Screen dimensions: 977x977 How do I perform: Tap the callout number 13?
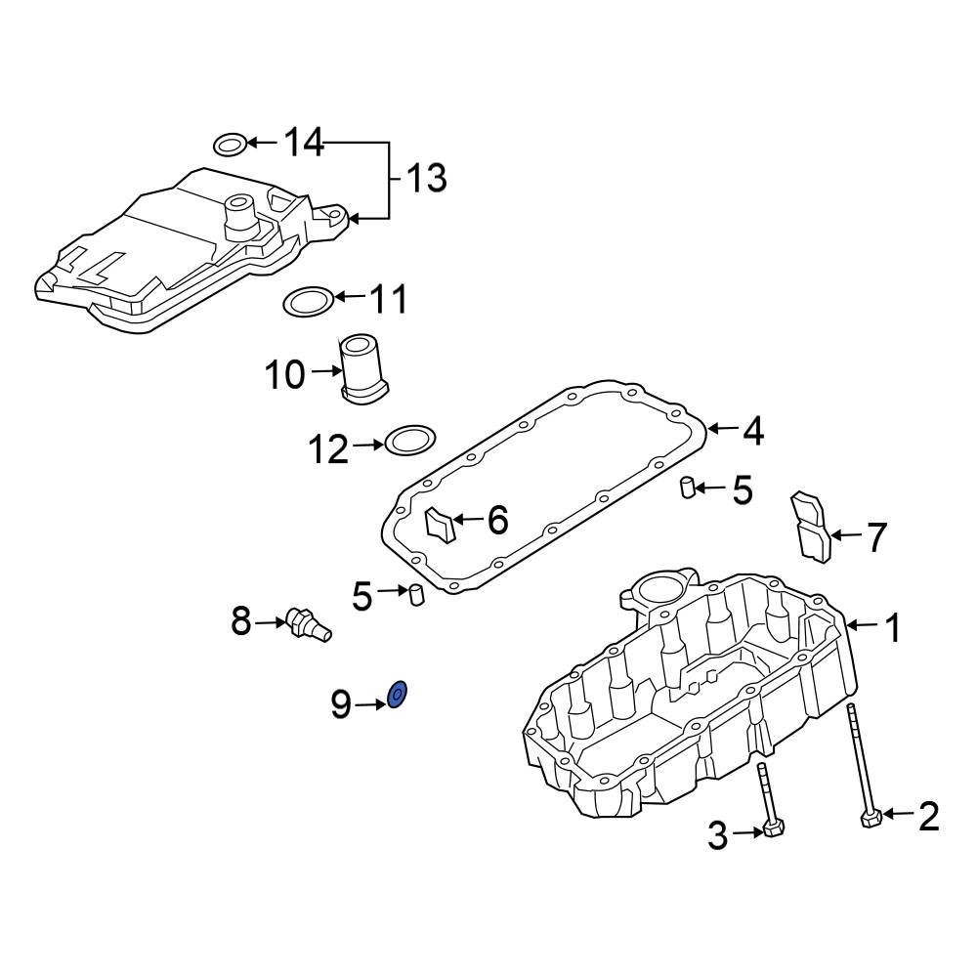click(x=426, y=178)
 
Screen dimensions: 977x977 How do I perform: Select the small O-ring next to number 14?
click(x=229, y=146)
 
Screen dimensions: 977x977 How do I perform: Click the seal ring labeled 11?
click(x=307, y=302)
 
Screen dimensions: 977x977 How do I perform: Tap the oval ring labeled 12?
click(x=410, y=441)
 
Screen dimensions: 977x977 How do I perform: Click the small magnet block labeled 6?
click(x=442, y=525)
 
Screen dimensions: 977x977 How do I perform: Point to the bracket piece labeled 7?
click(x=809, y=526)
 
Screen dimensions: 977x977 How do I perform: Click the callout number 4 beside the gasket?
click(x=752, y=430)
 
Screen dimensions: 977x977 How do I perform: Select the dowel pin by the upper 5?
click(x=688, y=487)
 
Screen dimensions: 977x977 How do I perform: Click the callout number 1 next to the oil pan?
click(x=892, y=628)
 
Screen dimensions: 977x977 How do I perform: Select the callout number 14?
click(x=303, y=144)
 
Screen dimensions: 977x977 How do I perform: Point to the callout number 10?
click(x=286, y=374)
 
